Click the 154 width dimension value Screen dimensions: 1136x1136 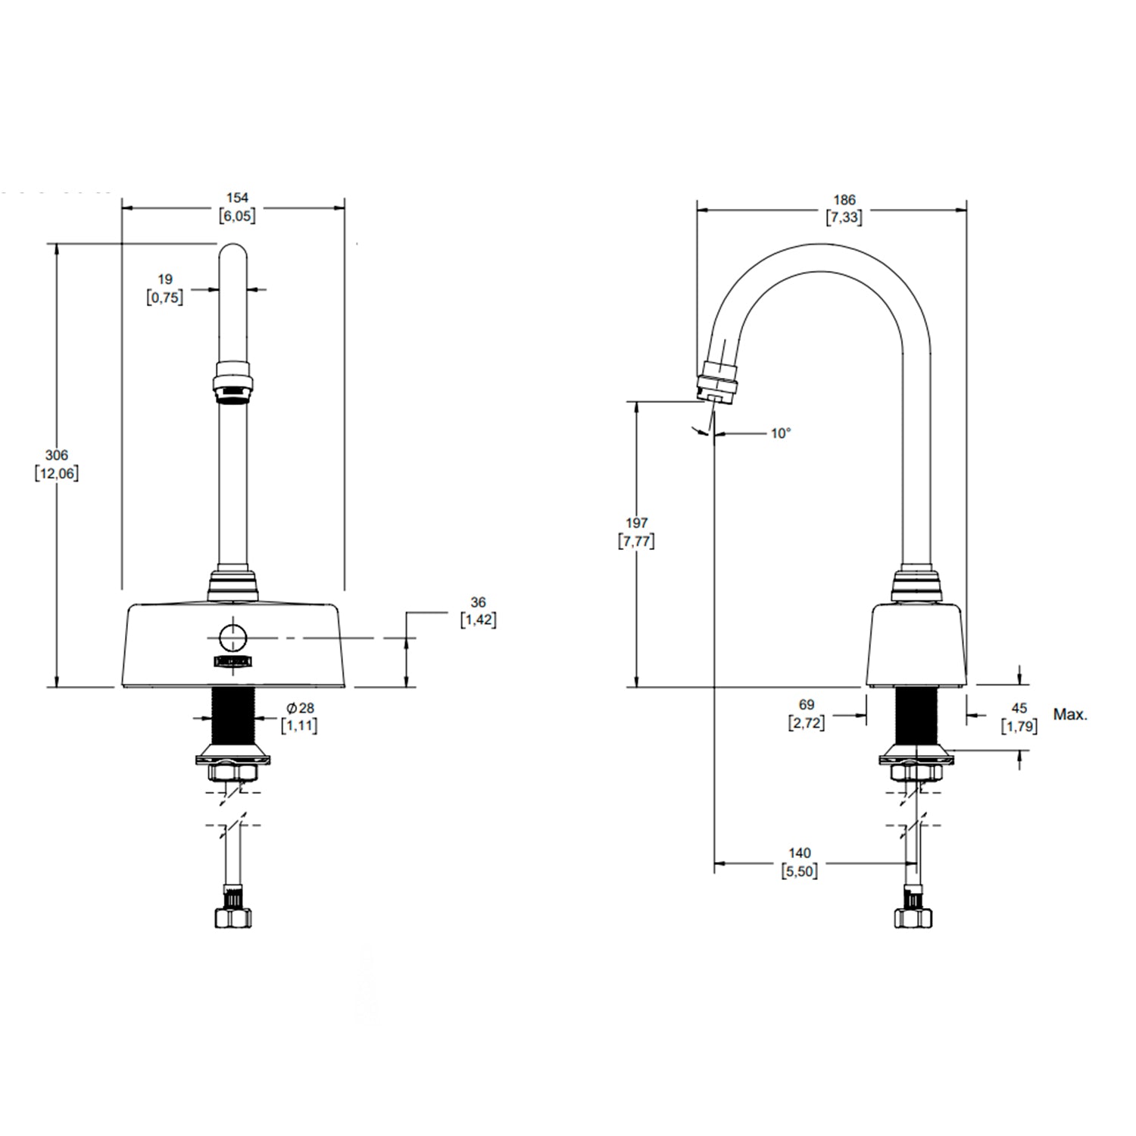237,198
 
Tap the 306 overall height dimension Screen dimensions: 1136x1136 57,455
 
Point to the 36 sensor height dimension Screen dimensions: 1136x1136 478,603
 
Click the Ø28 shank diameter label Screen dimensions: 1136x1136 300,708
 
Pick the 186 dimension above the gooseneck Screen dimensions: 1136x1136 844,200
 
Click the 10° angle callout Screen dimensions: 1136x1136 781,433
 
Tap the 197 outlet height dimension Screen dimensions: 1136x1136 637,523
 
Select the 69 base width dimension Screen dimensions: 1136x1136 807,705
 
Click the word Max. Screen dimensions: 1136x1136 1070,714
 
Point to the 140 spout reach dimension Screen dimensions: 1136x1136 800,854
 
